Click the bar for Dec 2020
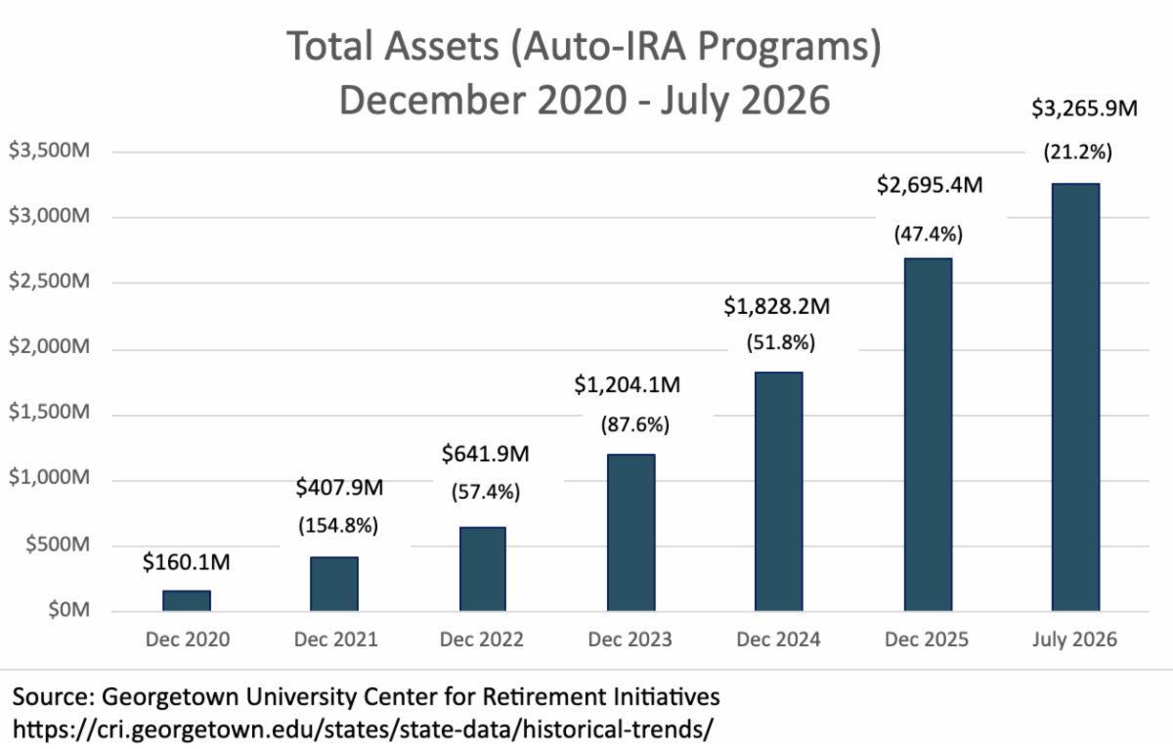click(187, 600)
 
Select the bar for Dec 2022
click(483, 569)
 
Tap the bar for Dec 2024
click(779, 491)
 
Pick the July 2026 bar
click(1075, 397)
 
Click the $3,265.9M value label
click(1084, 109)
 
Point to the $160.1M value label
click(187, 562)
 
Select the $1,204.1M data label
click(628, 385)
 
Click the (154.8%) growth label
click(338, 525)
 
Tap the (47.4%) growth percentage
click(929, 234)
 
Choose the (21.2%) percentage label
click(1077, 153)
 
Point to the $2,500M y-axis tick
click(49, 282)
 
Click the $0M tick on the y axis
click(68, 610)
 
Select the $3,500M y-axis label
click(49, 151)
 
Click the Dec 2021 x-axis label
click(335, 639)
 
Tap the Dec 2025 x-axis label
click(927, 639)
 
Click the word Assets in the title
click(442, 46)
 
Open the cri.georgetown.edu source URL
click(363, 729)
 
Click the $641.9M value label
click(486, 454)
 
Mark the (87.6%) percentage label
click(635, 424)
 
